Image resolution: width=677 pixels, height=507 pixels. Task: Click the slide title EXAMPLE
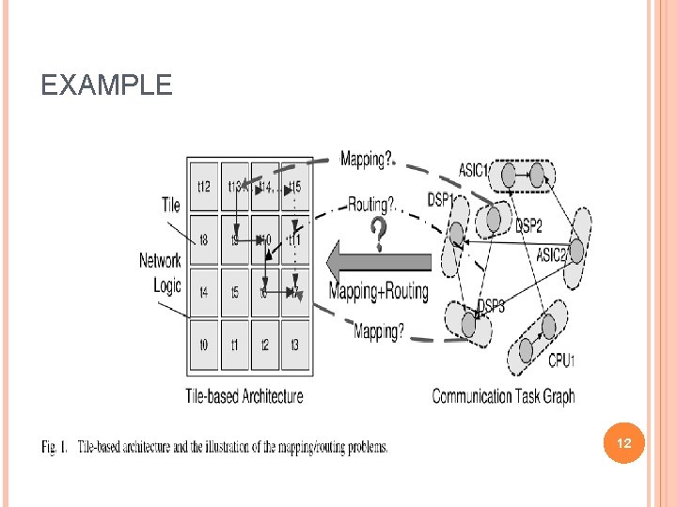pyautogui.click(x=106, y=86)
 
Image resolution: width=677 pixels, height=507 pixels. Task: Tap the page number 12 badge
pyautogui.click(x=623, y=441)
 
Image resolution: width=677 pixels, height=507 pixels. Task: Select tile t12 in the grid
pyautogui.click(x=204, y=186)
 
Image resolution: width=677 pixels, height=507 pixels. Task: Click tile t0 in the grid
pyautogui.click(x=204, y=345)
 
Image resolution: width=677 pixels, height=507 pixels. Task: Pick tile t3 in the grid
pyautogui.click(x=295, y=345)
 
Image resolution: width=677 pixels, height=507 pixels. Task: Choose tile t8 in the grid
pyautogui.click(x=204, y=239)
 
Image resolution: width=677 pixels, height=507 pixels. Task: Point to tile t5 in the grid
pyautogui.click(x=235, y=292)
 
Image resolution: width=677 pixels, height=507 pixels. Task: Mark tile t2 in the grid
pyautogui.click(x=265, y=345)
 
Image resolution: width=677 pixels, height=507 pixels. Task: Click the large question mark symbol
pyautogui.click(x=378, y=235)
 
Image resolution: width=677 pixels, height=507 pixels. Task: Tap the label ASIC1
pyautogui.click(x=474, y=170)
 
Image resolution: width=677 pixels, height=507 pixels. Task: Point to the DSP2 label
pyautogui.click(x=528, y=225)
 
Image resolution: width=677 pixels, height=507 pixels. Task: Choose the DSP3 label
pyautogui.click(x=491, y=306)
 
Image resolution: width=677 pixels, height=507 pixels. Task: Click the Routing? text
pyautogui.click(x=372, y=203)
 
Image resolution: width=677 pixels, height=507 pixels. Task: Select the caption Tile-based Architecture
pyautogui.click(x=244, y=395)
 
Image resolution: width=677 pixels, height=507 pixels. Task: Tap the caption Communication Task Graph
pyautogui.click(x=503, y=395)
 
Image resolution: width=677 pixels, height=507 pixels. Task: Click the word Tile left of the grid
pyautogui.click(x=170, y=205)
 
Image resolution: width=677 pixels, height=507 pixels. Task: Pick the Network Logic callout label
pyautogui.click(x=161, y=271)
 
